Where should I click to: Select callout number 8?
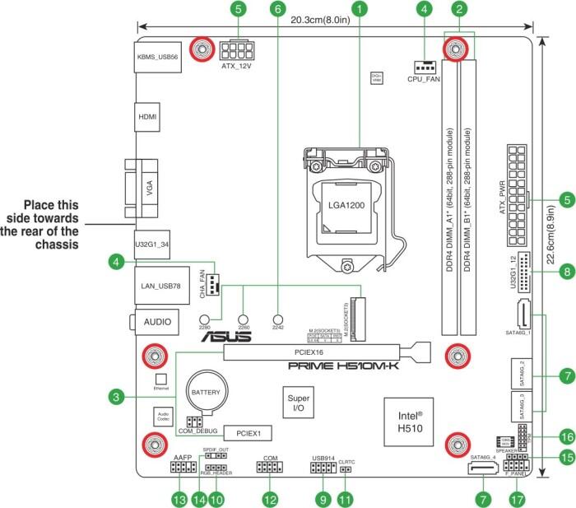[565, 270]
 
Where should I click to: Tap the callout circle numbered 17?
[517, 498]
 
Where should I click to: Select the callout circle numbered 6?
[277, 10]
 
